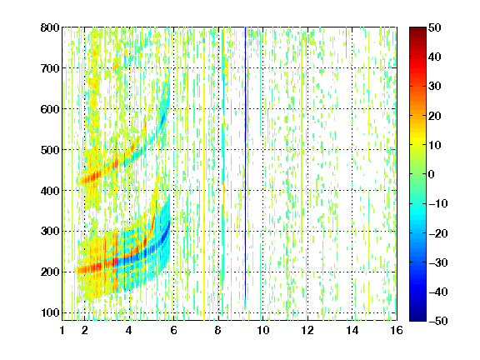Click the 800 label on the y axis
pos(50,27)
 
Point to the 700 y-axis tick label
pos(50,68)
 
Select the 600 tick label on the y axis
pos(50,109)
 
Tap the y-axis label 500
pos(50,150)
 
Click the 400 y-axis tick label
pos(50,191)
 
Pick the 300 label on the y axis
pos(50,232)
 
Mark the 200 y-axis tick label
pos(50,272)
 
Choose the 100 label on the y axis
pos(50,312)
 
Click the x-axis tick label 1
pos(62,330)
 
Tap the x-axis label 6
pos(173,330)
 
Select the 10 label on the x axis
pos(263,330)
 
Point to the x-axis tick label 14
pos(352,330)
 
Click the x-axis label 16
pos(397,330)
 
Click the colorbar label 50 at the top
pos(434,27)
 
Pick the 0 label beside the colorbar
pos(432,174)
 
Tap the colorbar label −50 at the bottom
pos(438,321)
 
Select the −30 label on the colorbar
pos(438,262)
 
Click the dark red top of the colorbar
pos(417,32)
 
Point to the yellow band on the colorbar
pos(417,142)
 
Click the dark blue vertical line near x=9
pos(245,162)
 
